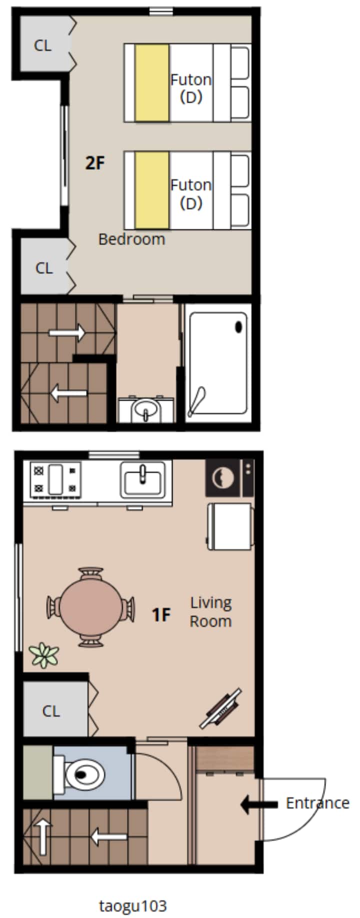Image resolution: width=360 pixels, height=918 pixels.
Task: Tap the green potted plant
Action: [x=44, y=655]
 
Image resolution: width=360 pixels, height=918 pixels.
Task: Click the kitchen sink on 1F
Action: [x=142, y=480]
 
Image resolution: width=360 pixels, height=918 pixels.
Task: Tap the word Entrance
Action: [x=317, y=803]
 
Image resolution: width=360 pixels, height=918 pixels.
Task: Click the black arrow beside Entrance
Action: [x=259, y=804]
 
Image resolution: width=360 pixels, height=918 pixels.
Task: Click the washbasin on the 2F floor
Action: [x=146, y=409]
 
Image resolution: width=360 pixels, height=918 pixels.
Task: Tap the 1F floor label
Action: [x=161, y=614]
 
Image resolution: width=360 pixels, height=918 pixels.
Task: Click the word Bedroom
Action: [x=131, y=239]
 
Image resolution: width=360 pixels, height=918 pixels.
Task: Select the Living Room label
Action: [x=210, y=612]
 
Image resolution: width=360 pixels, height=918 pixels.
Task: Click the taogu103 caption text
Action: [x=133, y=891]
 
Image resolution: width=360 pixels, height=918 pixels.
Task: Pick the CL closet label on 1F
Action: [x=51, y=711]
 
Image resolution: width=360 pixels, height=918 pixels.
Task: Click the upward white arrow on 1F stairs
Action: [x=43, y=836]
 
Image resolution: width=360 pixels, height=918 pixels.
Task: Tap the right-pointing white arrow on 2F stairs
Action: [x=67, y=331]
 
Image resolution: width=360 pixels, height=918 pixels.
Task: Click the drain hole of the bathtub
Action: [x=238, y=327]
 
